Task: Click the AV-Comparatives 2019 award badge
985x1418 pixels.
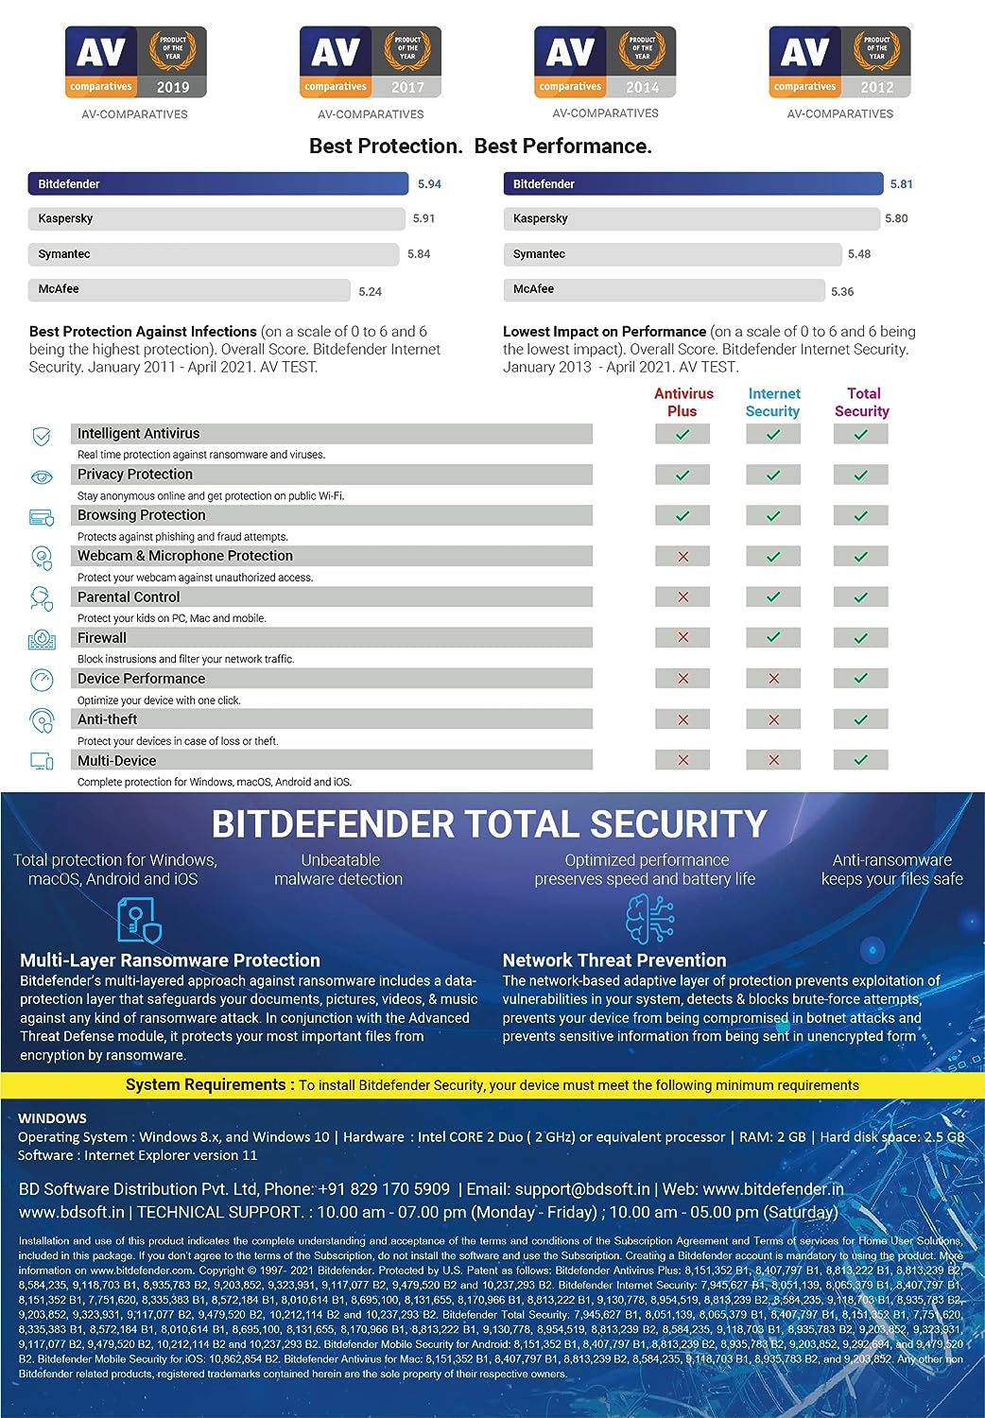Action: click(135, 62)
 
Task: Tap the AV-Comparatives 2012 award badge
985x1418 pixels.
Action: click(839, 62)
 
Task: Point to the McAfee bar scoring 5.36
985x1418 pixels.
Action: click(664, 289)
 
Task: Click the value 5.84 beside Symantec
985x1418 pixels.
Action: click(419, 254)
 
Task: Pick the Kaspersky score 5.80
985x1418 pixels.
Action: click(896, 218)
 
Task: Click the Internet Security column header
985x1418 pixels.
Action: click(773, 403)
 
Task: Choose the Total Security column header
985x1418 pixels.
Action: click(862, 403)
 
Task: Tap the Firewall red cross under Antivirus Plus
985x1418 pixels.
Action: click(683, 638)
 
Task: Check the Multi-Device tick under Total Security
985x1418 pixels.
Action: click(860, 760)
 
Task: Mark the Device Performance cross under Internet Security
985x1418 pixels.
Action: click(773, 679)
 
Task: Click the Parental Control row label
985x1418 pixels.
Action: click(129, 597)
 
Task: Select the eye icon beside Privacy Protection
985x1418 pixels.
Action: click(42, 477)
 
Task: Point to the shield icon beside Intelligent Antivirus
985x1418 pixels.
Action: click(42, 436)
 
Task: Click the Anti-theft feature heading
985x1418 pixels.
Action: click(108, 719)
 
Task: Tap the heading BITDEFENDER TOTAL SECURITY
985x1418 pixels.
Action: click(489, 824)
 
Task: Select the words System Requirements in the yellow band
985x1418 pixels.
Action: click(205, 1085)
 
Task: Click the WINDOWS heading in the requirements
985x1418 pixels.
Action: click(52, 1118)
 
